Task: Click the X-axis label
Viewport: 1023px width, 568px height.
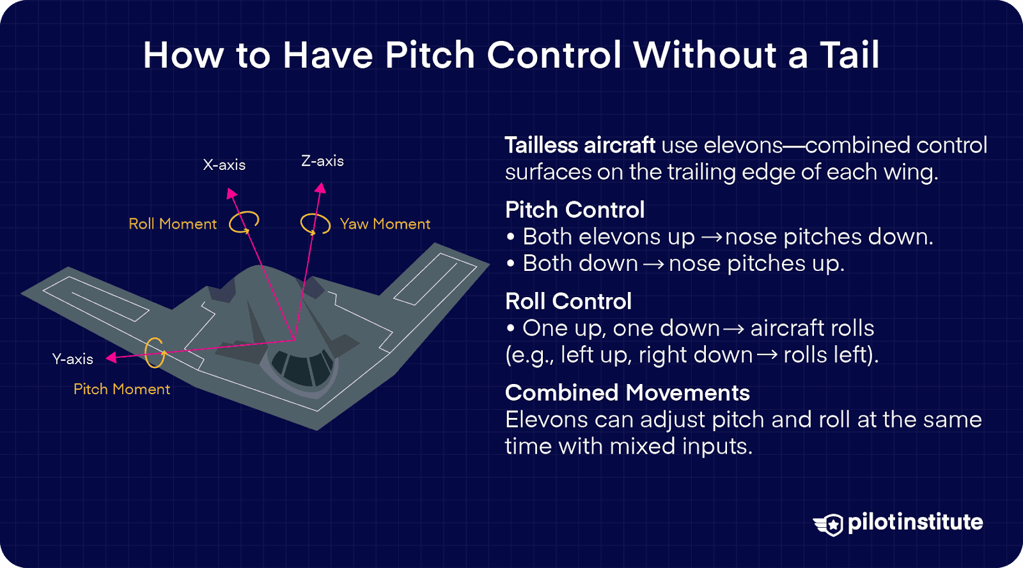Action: point(224,165)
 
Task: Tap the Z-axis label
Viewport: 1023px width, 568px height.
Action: point(322,161)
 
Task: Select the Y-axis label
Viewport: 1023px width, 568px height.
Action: point(72,359)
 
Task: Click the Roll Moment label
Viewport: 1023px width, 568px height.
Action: point(173,224)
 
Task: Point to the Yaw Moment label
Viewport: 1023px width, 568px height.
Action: point(385,224)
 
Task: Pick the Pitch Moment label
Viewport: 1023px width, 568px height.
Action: point(121,389)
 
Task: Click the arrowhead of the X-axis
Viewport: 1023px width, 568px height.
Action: point(231,192)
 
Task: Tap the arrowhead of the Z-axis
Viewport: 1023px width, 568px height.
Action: point(321,187)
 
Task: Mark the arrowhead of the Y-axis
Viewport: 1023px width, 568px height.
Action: point(111,357)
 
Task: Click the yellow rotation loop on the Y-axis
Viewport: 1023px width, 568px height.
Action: point(154,352)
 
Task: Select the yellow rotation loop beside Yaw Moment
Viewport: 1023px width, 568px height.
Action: point(315,223)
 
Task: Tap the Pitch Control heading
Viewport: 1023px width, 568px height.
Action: point(574,210)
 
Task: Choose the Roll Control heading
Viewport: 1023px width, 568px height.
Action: point(568,301)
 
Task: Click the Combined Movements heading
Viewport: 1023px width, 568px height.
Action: point(627,392)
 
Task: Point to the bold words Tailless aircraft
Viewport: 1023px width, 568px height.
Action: point(579,145)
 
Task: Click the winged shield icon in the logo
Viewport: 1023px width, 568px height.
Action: point(829,524)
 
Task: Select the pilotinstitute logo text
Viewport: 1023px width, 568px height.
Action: point(915,522)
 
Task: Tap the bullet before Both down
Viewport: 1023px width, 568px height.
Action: point(510,264)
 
